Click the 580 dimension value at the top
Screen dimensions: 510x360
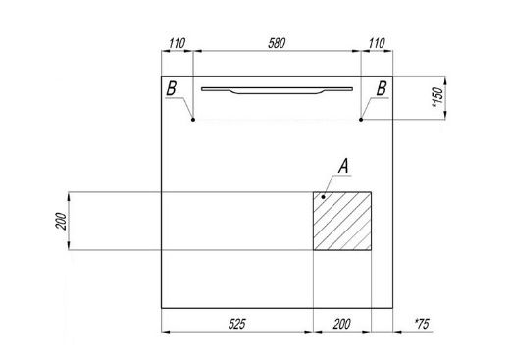point(277,43)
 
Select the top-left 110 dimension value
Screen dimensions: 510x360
point(178,43)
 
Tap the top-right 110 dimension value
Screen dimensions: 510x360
point(377,43)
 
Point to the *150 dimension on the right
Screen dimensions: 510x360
point(437,97)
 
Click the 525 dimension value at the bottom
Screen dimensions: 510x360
point(236,324)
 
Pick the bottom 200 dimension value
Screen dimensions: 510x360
point(342,324)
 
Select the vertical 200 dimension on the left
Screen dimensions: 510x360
point(61,221)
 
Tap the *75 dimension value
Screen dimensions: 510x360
point(422,324)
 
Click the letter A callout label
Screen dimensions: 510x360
point(343,166)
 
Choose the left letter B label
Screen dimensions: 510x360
point(171,88)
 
